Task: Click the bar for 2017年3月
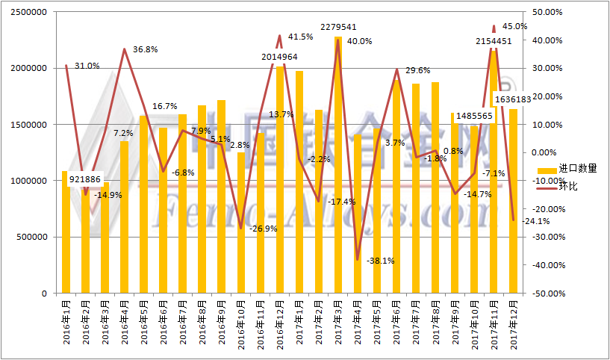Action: click(x=338, y=164)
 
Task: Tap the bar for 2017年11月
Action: click(x=494, y=172)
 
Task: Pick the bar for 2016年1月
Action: click(x=66, y=232)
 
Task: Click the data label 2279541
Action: click(x=337, y=27)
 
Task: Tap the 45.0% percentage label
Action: click(x=515, y=26)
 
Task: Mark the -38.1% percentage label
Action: click(x=381, y=261)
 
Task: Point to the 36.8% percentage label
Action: click(x=146, y=49)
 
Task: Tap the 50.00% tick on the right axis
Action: click(x=541, y=13)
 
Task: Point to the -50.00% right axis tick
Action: click(x=540, y=294)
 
